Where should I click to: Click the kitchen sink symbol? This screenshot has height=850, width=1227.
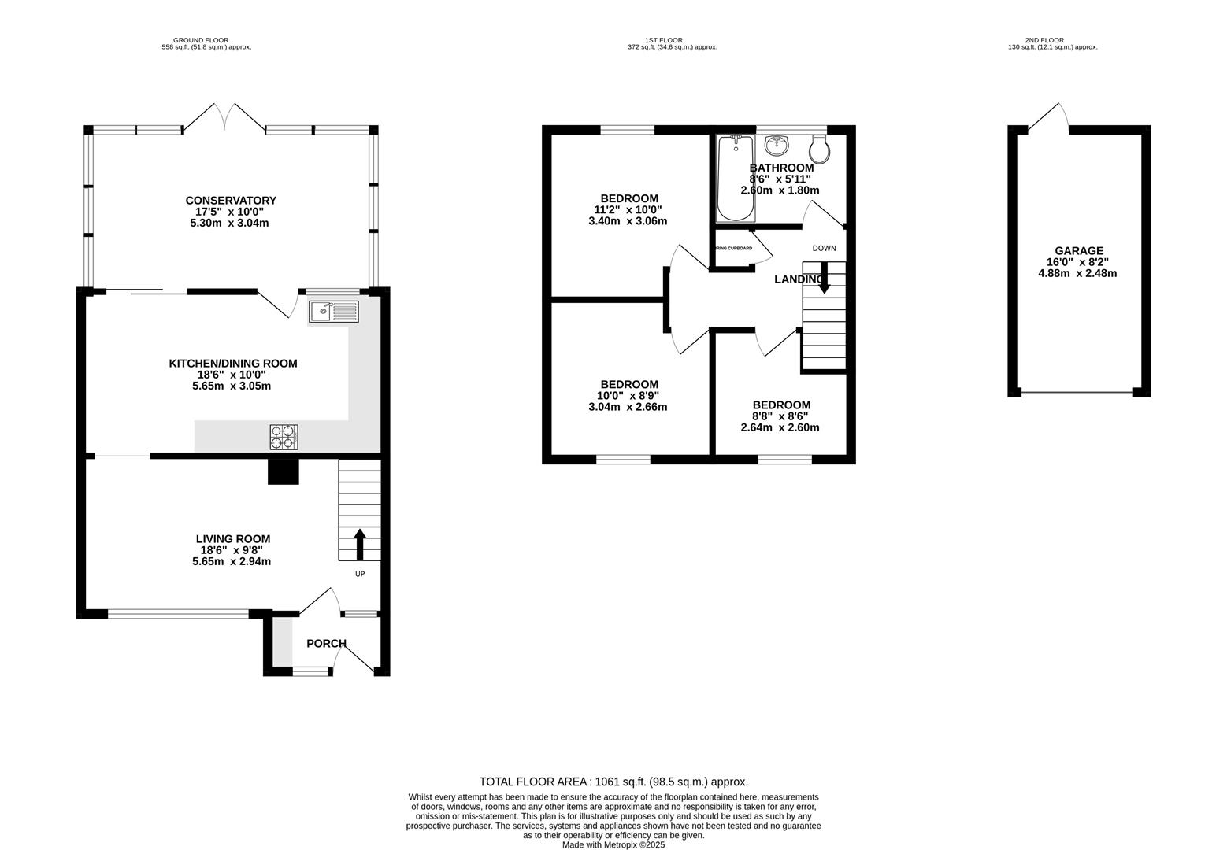coord(334,312)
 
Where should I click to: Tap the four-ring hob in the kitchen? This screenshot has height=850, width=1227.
coord(284,437)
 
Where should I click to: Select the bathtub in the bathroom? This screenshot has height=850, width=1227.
coord(736,179)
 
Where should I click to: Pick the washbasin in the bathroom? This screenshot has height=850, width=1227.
coord(777,146)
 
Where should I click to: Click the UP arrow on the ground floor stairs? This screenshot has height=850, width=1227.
coord(360,544)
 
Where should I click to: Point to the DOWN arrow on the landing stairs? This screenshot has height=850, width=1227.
coord(824,281)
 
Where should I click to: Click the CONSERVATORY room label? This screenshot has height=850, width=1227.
coord(231,201)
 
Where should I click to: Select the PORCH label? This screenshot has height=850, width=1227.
coord(326,644)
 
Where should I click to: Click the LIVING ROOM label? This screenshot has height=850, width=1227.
coord(232,539)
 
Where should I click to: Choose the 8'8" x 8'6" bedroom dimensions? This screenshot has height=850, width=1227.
coord(780,416)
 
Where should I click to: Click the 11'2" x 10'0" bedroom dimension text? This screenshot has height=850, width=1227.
coord(628,209)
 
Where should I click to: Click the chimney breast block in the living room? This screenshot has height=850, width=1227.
coord(284,471)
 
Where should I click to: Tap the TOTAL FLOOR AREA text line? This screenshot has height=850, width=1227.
coord(613,782)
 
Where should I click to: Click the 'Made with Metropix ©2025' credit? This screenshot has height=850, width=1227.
coord(613,844)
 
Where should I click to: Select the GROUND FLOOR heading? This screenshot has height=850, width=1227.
coord(201,40)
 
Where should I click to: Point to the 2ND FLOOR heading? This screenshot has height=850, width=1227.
coord(1044,40)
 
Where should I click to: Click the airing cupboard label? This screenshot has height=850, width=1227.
coord(732,249)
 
